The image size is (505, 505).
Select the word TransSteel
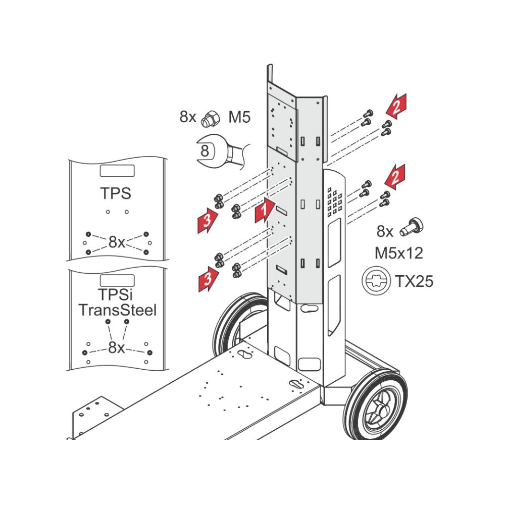tap(117, 310)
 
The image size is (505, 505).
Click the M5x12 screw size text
tap(398, 252)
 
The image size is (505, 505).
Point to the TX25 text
tap(414, 281)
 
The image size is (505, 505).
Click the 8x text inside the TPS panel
tap(117, 242)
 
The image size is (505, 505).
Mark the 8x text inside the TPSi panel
tap(117, 347)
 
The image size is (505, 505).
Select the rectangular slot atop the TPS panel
tap(117, 171)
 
